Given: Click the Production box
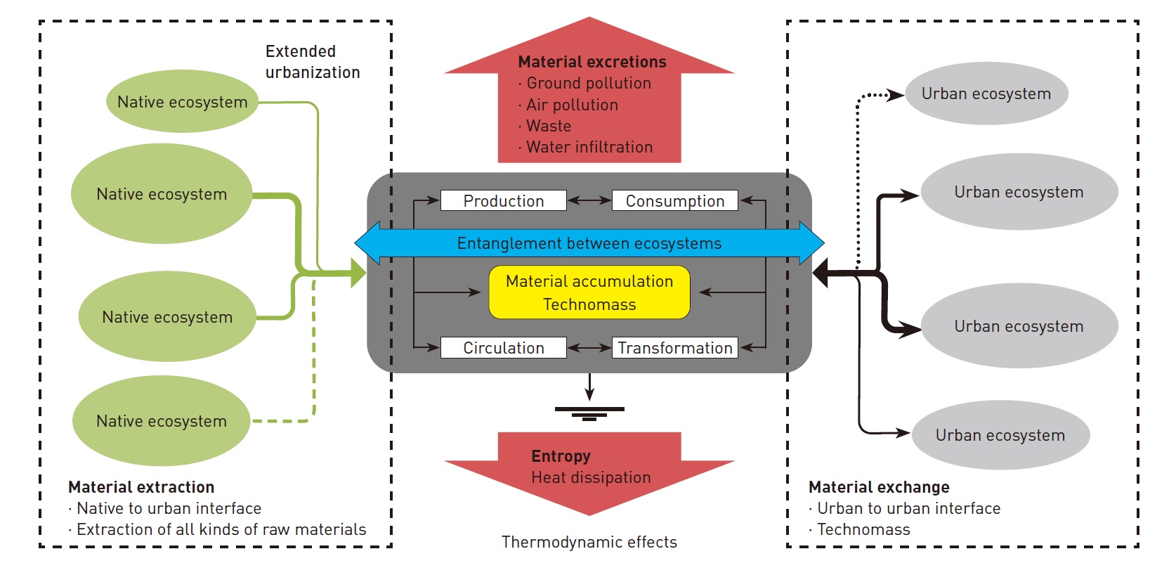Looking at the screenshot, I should [x=503, y=201].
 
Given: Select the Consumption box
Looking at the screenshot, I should [x=674, y=201].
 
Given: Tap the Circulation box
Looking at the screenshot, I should [x=503, y=348].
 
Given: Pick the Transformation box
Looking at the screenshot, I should [x=674, y=348].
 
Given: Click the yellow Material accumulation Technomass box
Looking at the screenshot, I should [x=589, y=292].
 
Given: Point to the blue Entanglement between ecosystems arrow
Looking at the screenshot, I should [x=589, y=243].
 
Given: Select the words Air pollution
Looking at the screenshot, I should [x=572, y=105].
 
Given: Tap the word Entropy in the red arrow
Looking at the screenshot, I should [x=561, y=456].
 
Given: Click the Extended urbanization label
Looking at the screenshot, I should [x=312, y=62].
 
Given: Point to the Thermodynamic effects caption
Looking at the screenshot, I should [x=589, y=542].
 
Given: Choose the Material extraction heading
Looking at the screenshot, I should [x=141, y=487].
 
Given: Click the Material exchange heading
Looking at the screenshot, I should [x=879, y=487].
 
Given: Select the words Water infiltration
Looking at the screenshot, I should [x=589, y=147].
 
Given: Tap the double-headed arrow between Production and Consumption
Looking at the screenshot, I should [x=589, y=201].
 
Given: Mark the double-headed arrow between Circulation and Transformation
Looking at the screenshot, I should [x=589, y=348].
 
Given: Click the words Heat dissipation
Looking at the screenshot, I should [x=591, y=477].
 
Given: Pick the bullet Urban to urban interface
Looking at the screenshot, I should [x=908, y=508].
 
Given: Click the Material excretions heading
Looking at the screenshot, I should [x=592, y=62].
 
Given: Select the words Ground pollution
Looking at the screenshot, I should [x=589, y=83].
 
